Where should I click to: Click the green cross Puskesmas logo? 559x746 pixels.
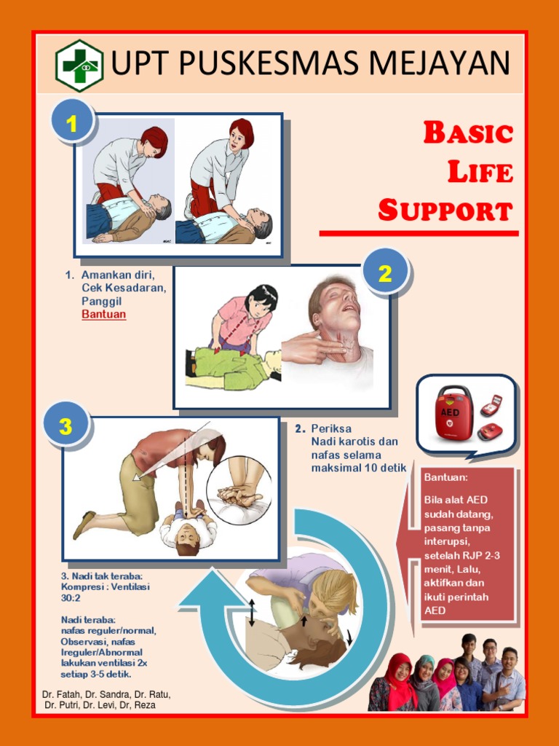[x=79, y=65]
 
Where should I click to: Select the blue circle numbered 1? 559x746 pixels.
[x=71, y=124]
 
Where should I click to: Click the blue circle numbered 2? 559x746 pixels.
[x=385, y=273]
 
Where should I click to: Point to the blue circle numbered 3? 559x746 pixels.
[x=66, y=426]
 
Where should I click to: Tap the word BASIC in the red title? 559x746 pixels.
[x=468, y=133]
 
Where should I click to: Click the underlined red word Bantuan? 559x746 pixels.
[x=103, y=315]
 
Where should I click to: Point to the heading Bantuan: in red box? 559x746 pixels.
[x=445, y=477]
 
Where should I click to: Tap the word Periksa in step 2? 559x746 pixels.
[x=331, y=428]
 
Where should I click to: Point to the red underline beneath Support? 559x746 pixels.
[x=419, y=233]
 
